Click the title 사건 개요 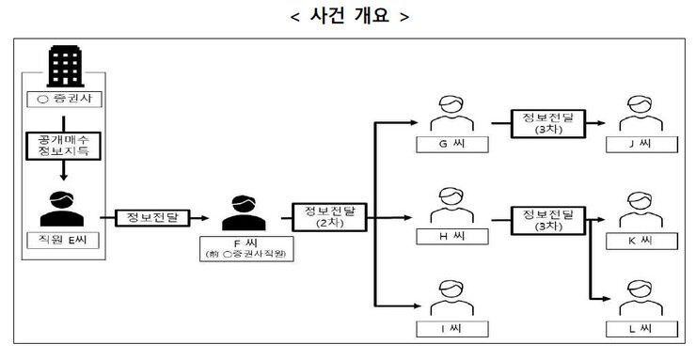click(348, 16)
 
